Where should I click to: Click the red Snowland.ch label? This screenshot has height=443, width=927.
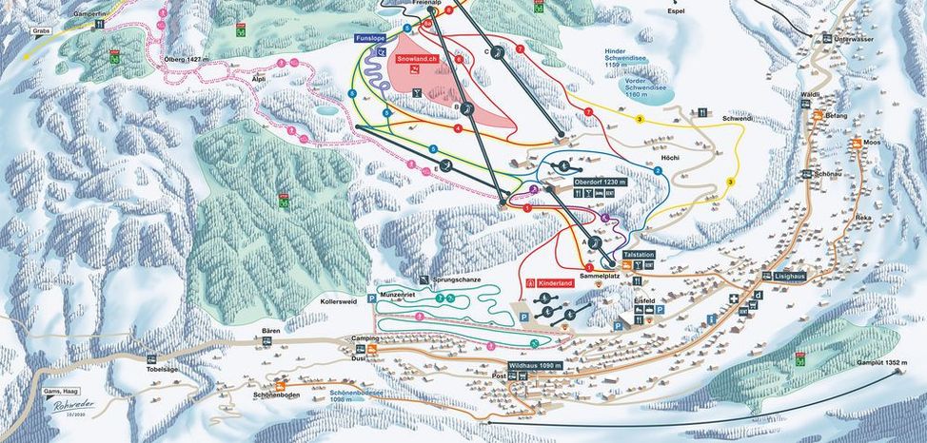(x=417, y=59)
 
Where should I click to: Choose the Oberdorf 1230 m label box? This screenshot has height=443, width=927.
(x=598, y=181)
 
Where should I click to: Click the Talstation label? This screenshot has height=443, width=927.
(x=639, y=256)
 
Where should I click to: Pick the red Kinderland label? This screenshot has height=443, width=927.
(x=556, y=283)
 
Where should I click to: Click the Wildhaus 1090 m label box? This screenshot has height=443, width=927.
(x=536, y=365)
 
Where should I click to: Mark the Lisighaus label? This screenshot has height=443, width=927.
(x=779, y=276)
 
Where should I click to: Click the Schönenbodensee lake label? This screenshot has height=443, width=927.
(x=357, y=395)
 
